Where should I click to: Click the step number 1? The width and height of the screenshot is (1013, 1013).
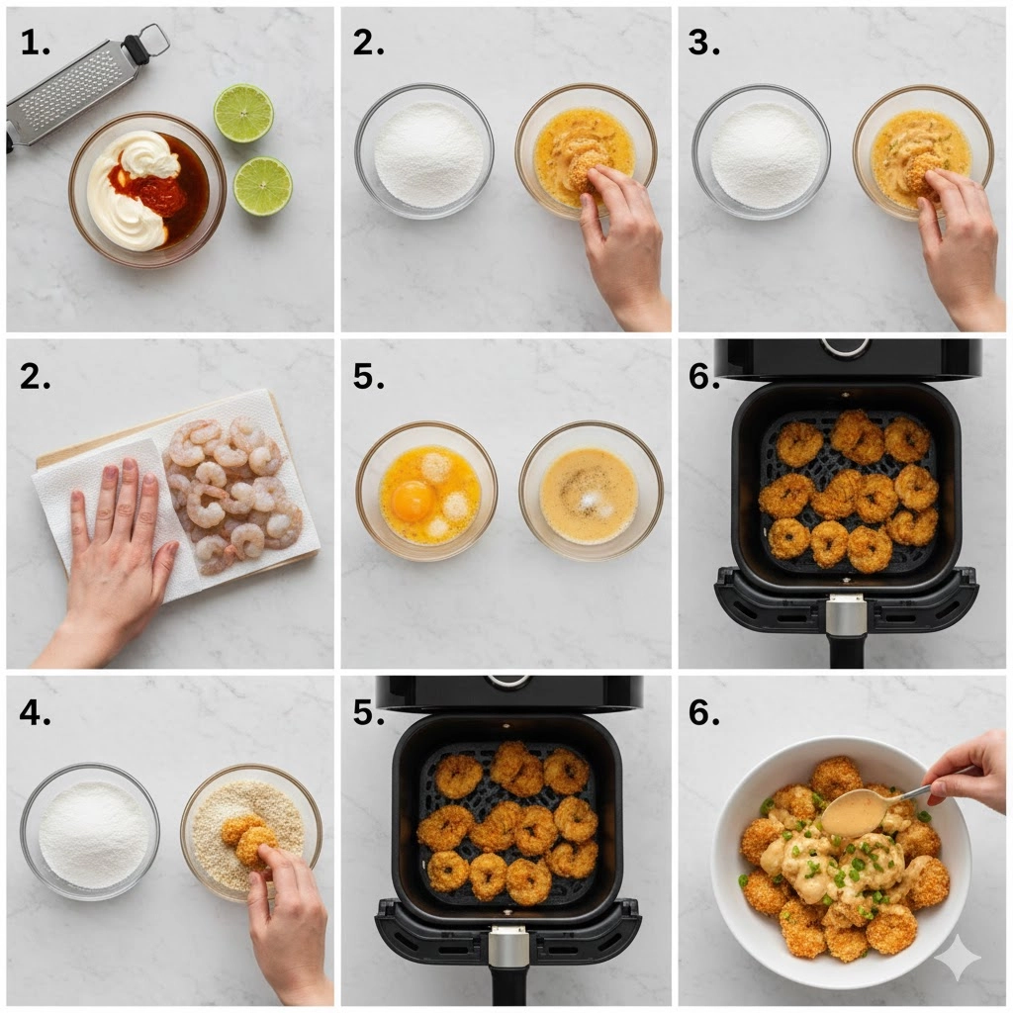click(x=35, y=44)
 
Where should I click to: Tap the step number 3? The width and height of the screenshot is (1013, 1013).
click(x=703, y=44)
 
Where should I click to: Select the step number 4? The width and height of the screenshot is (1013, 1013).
click(x=35, y=712)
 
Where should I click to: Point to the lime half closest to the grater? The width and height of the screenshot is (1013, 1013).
click(x=243, y=113)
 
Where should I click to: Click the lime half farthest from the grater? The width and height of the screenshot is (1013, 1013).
click(x=262, y=186)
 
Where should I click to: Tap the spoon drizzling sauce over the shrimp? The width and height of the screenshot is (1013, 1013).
click(x=878, y=805)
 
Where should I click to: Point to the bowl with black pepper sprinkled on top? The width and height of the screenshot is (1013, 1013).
click(x=592, y=491)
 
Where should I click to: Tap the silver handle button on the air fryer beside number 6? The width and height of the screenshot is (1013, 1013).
click(x=847, y=617)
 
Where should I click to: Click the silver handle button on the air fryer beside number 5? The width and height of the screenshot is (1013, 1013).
click(x=507, y=948)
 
